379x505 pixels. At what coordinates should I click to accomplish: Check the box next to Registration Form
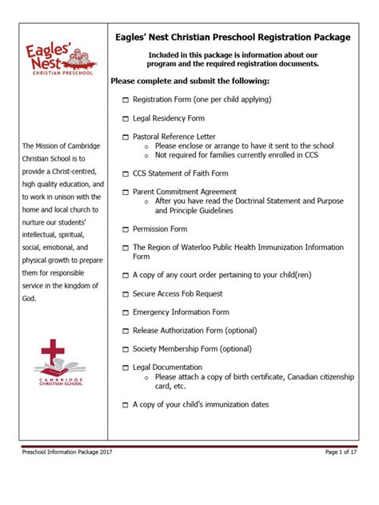coord(126,100)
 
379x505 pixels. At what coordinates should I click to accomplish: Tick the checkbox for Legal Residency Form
coord(126,118)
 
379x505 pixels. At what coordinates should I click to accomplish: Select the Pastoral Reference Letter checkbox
coord(126,137)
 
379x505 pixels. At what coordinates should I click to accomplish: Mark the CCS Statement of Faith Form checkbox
coord(126,173)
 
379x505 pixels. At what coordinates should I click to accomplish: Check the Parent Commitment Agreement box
coord(126,193)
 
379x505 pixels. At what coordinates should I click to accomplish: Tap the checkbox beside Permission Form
coord(126,229)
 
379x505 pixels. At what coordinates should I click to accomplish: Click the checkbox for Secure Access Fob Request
coord(126,293)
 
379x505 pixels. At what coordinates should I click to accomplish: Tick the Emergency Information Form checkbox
coord(126,312)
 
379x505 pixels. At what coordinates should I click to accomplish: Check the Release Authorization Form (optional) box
coord(126,331)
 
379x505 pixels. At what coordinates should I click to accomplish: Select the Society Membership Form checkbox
coord(126,349)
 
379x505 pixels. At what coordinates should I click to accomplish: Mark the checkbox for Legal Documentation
coord(126,368)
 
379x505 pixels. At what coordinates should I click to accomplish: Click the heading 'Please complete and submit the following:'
coord(189,82)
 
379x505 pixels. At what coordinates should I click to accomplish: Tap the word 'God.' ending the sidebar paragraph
coord(30,298)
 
